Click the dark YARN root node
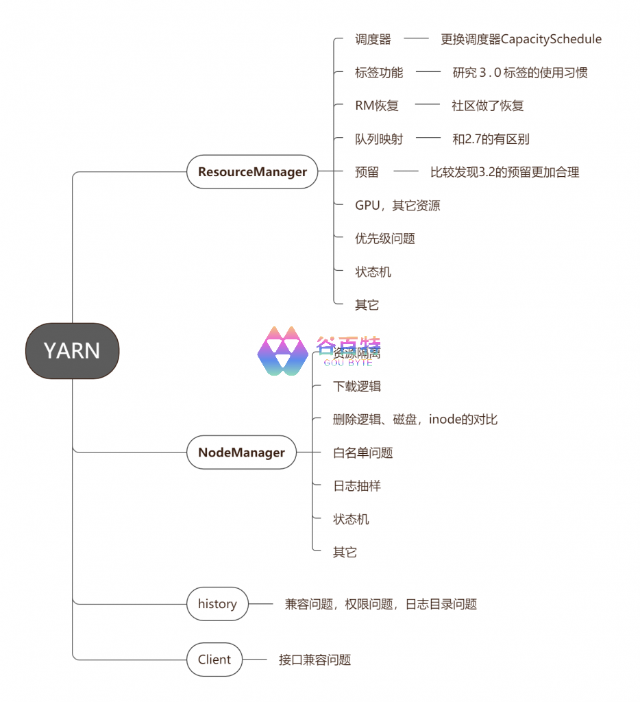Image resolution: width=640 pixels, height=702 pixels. coord(72,350)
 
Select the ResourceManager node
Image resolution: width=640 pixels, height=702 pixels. coord(252,171)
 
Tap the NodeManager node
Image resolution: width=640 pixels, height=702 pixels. coord(241,452)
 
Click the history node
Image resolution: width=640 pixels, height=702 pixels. coord(217,604)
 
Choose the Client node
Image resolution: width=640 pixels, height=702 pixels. coord(214,659)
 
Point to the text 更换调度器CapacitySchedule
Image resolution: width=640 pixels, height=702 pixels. coord(521,39)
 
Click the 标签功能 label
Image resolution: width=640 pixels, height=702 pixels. coord(379,73)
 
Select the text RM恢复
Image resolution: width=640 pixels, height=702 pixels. coord(376,106)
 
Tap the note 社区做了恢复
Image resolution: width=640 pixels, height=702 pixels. coord(487,106)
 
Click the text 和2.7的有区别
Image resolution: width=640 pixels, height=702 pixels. coord(491,139)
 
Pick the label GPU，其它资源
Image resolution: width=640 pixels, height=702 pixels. coord(397,205)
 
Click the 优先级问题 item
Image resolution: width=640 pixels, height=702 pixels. coord(385,239)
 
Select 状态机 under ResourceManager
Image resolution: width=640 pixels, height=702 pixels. coord(373,272)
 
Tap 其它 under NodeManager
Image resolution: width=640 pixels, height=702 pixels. coord(345,553)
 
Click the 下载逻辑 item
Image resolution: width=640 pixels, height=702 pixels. coord(357,387)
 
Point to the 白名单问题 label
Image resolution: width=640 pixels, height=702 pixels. coord(363,452)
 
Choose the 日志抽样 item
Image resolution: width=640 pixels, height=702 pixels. coord(357,486)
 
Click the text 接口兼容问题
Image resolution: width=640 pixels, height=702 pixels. coord(315,660)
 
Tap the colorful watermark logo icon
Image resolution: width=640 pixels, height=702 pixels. coord(282,350)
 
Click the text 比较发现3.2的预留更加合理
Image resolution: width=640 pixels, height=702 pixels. coord(504,172)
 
